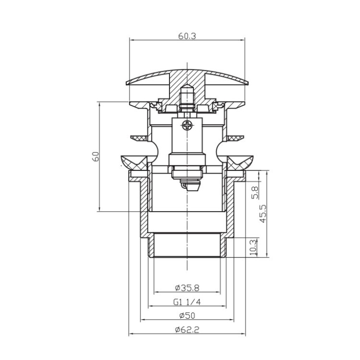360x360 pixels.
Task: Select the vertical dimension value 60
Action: pos(95,157)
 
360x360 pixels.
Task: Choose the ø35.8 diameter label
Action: pos(187,288)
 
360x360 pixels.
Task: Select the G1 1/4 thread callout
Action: pos(187,302)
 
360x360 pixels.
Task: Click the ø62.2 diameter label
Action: pos(187,330)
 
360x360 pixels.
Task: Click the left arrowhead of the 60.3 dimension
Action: pos(131,41)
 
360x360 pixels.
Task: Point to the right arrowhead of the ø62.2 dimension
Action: pos(243,334)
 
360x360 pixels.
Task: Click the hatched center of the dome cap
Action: pos(187,77)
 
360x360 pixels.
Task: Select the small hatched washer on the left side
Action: pos(139,138)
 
